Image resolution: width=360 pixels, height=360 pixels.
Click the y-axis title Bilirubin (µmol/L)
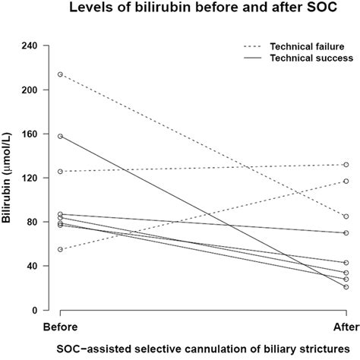click(x=9, y=177)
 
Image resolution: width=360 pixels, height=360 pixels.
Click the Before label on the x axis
click(x=60, y=327)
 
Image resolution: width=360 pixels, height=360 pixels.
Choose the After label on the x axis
click(x=346, y=327)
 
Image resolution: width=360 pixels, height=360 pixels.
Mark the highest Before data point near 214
click(x=60, y=74)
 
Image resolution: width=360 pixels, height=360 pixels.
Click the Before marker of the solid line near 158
click(x=60, y=136)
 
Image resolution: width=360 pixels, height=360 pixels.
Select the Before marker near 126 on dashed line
click(x=60, y=172)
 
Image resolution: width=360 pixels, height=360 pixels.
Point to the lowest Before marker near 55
click(x=60, y=249)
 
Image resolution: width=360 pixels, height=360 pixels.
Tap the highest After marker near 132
click(x=346, y=165)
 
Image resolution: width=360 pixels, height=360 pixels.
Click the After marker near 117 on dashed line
click(x=346, y=181)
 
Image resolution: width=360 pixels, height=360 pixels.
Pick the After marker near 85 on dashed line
click(x=346, y=216)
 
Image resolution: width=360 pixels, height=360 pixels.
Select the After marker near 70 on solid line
click(x=346, y=233)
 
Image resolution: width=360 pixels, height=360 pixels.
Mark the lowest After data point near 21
click(x=346, y=287)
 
